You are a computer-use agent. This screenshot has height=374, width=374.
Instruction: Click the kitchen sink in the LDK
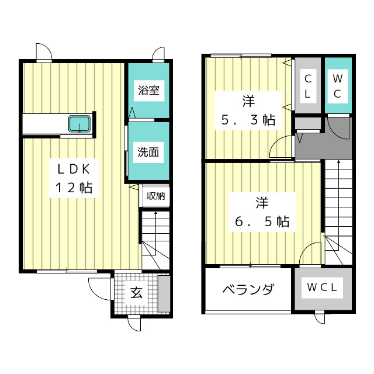click(x=79, y=124)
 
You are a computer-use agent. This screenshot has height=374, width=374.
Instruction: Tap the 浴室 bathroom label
click(x=148, y=91)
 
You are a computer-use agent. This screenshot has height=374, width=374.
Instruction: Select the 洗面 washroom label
click(x=148, y=153)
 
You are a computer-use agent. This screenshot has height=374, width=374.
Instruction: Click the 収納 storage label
click(x=155, y=196)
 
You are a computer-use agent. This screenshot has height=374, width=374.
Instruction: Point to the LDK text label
click(x=73, y=169)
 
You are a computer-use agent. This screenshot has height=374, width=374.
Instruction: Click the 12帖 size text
click(x=73, y=188)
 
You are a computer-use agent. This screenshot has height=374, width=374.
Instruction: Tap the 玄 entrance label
click(x=136, y=293)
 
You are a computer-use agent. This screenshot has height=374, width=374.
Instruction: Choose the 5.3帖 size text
click(x=248, y=120)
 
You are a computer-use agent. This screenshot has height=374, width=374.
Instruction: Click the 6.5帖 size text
click(x=261, y=221)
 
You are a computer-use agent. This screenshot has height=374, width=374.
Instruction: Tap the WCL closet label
click(x=323, y=288)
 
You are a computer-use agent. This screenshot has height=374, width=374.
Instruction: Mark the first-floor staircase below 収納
click(x=155, y=240)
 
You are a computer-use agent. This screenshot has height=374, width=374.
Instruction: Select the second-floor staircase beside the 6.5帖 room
click(x=338, y=210)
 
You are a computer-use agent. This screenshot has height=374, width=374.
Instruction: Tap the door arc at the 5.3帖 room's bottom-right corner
click(x=282, y=146)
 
